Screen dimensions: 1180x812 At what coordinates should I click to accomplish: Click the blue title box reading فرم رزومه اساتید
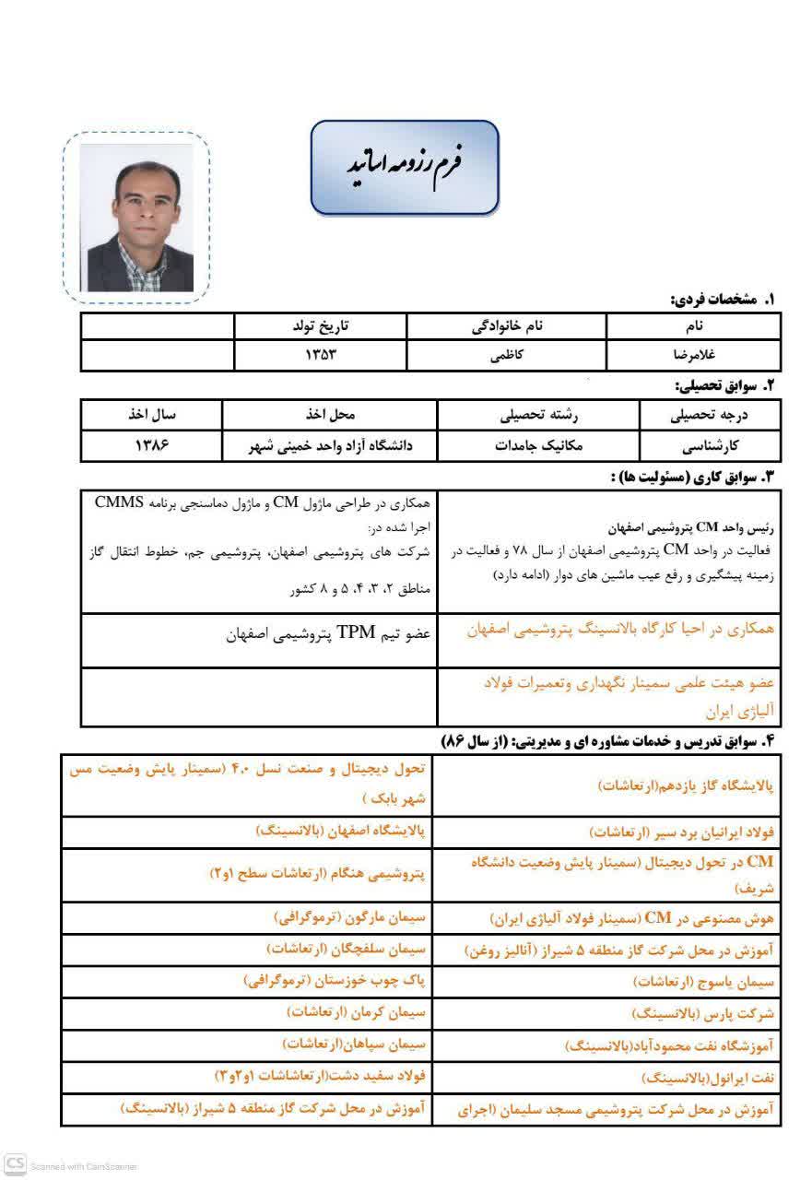coord(405,166)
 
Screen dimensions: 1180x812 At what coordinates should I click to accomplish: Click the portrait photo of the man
coord(136,218)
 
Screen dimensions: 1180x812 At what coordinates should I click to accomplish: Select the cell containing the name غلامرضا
coord(693,354)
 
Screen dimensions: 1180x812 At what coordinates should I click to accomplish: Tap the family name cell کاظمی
coord(506,354)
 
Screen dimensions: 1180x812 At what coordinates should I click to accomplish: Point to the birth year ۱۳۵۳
coord(321,354)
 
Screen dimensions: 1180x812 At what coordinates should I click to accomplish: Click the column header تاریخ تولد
coord(321,326)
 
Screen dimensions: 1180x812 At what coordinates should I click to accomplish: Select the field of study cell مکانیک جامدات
coord(539,446)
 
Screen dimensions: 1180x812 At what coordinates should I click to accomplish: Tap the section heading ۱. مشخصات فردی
coord(723,300)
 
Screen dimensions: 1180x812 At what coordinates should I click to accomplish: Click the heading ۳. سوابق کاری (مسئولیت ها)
coord(692,477)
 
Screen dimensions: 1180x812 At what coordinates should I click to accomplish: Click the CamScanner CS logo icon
coord(15,1163)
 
